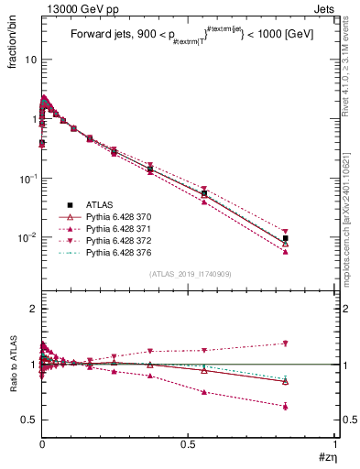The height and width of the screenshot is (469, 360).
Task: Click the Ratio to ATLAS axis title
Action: point(13,391)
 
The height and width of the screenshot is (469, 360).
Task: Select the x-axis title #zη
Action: point(326,458)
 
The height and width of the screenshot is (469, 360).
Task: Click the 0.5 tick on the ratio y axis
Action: point(29,420)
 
